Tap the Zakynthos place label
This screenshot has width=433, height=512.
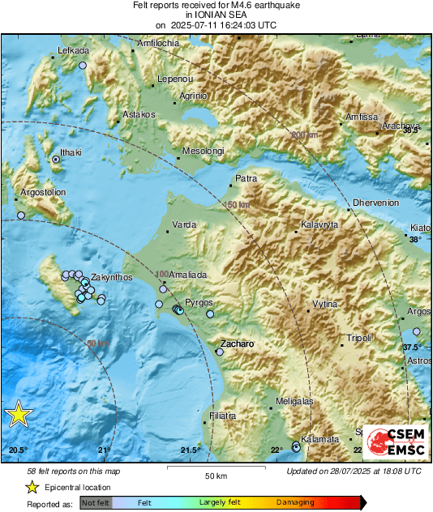pyautogui.click(x=111, y=277)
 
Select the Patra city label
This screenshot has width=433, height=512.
pyautogui.click(x=245, y=177)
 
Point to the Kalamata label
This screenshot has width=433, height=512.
pyautogui.click(x=319, y=439)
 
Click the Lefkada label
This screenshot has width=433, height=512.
pyautogui.click(x=73, y=51)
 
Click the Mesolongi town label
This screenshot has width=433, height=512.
pyautogui.click(x=202, y=151)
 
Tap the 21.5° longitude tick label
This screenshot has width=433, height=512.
pyautogui.click(x=190, y=450)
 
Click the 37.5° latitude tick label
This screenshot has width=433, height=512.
pyautogui.click(x=413, y=347)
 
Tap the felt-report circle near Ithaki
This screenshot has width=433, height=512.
pyautogui.click(x=56, y=160)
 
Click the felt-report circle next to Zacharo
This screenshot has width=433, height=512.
pyautogui.click(x=219, y=352)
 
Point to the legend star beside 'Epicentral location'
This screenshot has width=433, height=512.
pyautogui.click(x=32, y=488)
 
